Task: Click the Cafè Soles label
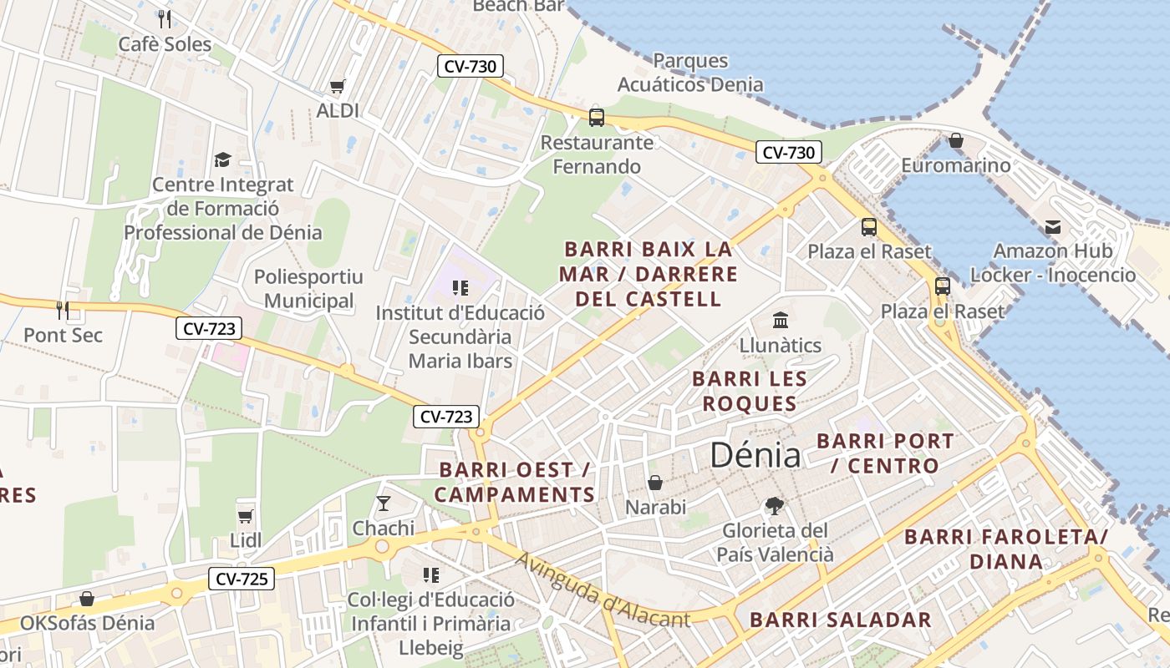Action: pyautogui.click(x=165, y=44)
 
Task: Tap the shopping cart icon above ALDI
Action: pyautogui.click(x=338, y=86)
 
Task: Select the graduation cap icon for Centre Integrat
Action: pyautogui.click(x=222, y=159)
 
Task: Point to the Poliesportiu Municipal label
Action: pyautogui.click(x=308, y=289)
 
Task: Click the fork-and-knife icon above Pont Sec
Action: pyautogui.click(x=63, y=311)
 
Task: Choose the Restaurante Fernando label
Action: pyautogui.click(x=597, y=154)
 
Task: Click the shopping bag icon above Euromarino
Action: pyautogui.click(x=956, y=140)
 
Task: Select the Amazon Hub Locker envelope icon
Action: pyautogui.click(x=1052, y=226)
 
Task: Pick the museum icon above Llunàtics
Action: pyautogui.click(x=781, y=320)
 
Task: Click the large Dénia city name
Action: pyautogui.click(x=755, y=455)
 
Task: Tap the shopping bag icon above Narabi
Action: pyautogui.click(x=655, y=483)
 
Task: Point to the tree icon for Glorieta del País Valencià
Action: pyautogui.click(x=775, y=505)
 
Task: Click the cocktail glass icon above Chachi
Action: pyautogui.click(x=384, y=503)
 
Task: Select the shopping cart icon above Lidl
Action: pyautogui.click(x=246, y=516)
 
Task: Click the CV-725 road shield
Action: pyautogui.click(x=241, y=578)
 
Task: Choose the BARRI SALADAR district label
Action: pyautogui.click(x=840, y=620)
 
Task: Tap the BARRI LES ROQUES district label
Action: pyautogui.click(x=750, y=392)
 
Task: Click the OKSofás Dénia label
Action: pyautogui.click(x=87, y=623)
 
